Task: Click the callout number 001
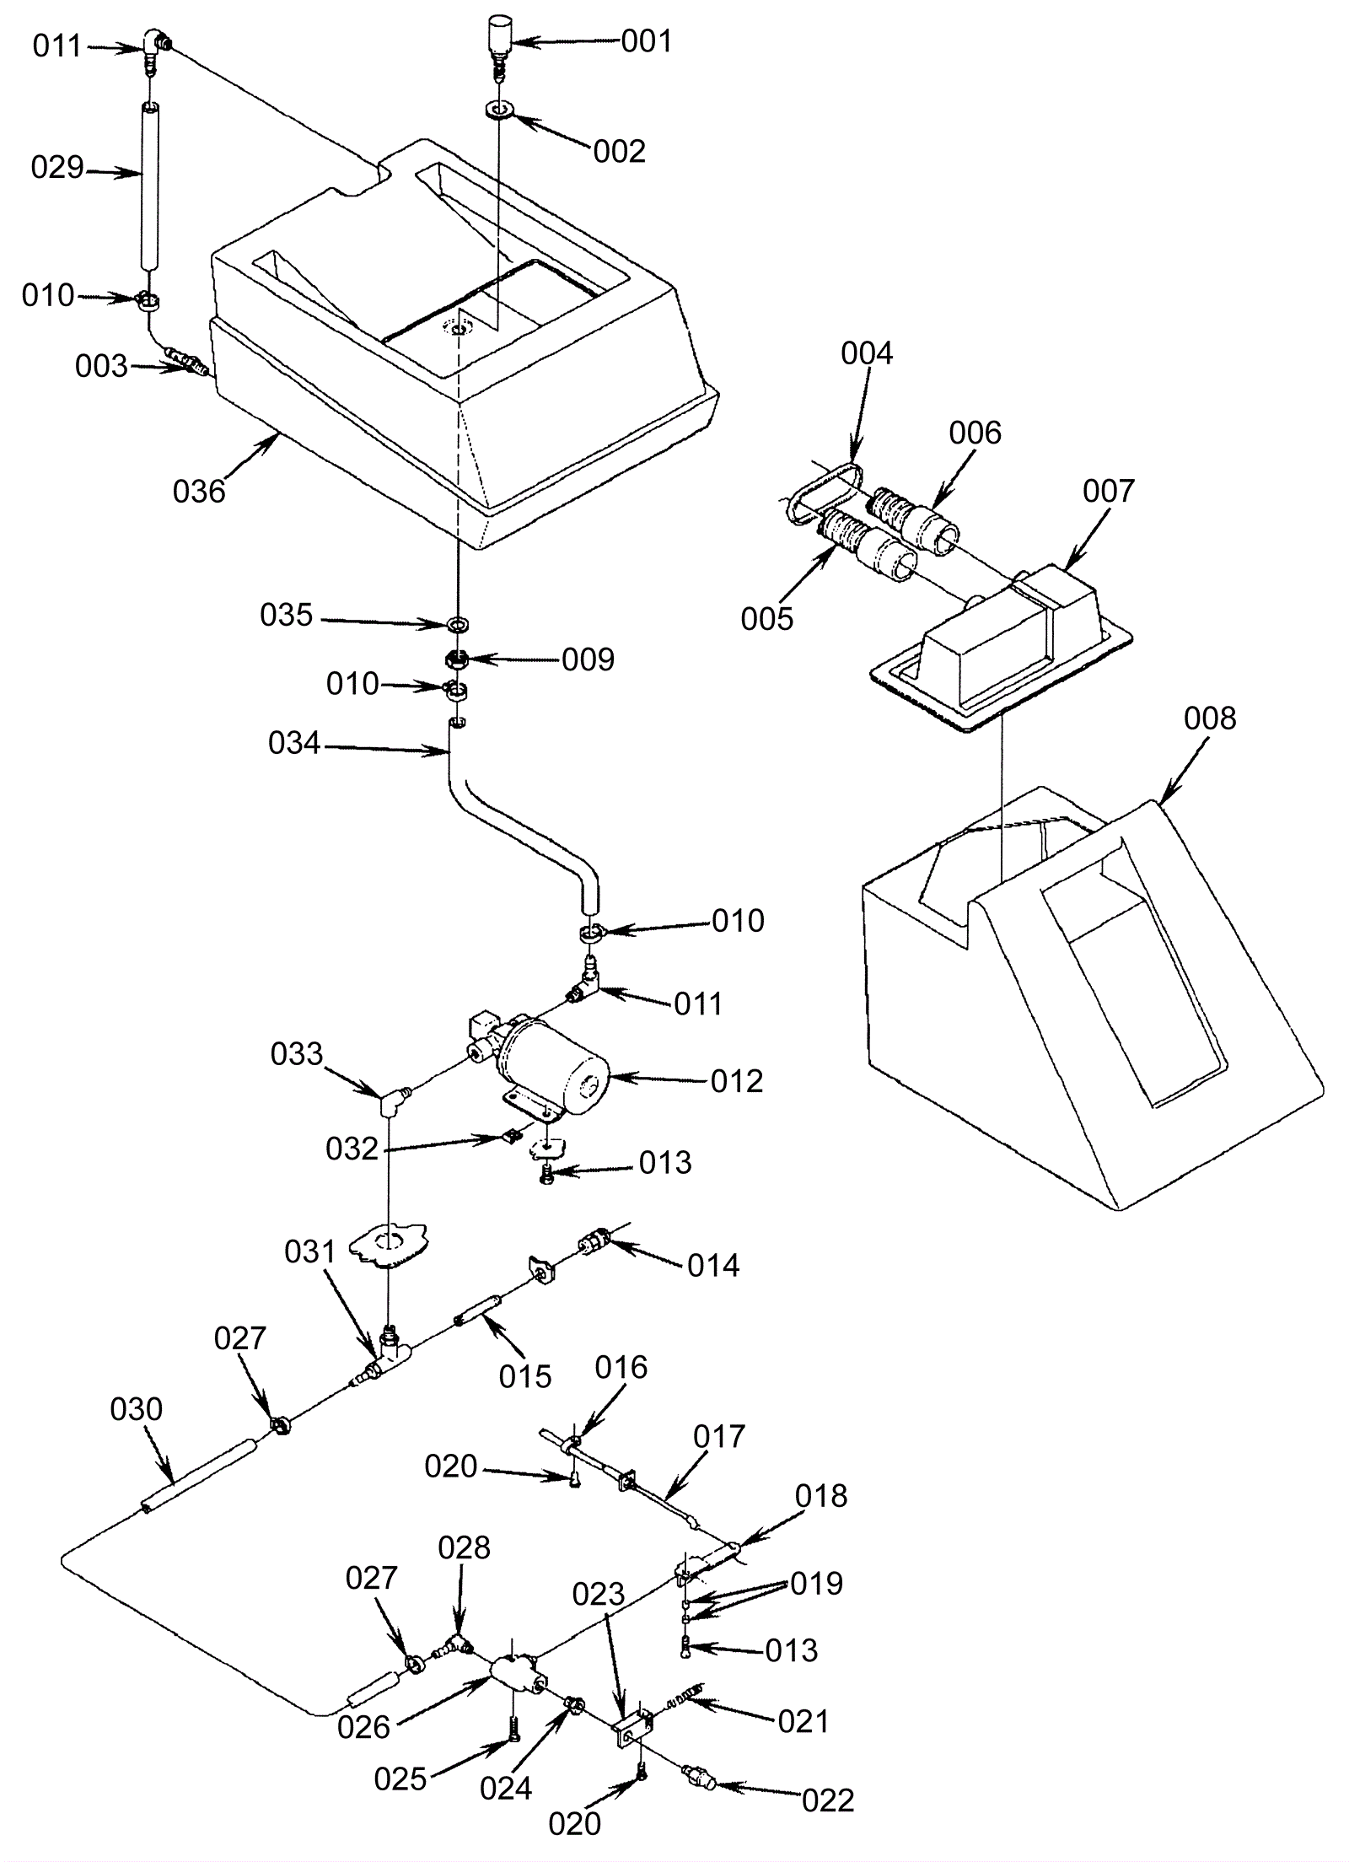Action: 646,41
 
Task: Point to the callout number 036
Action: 199,491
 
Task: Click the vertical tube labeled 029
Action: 149,187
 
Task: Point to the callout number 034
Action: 294,743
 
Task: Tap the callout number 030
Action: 136,1409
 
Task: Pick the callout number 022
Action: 828,1800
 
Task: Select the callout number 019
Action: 816,1584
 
